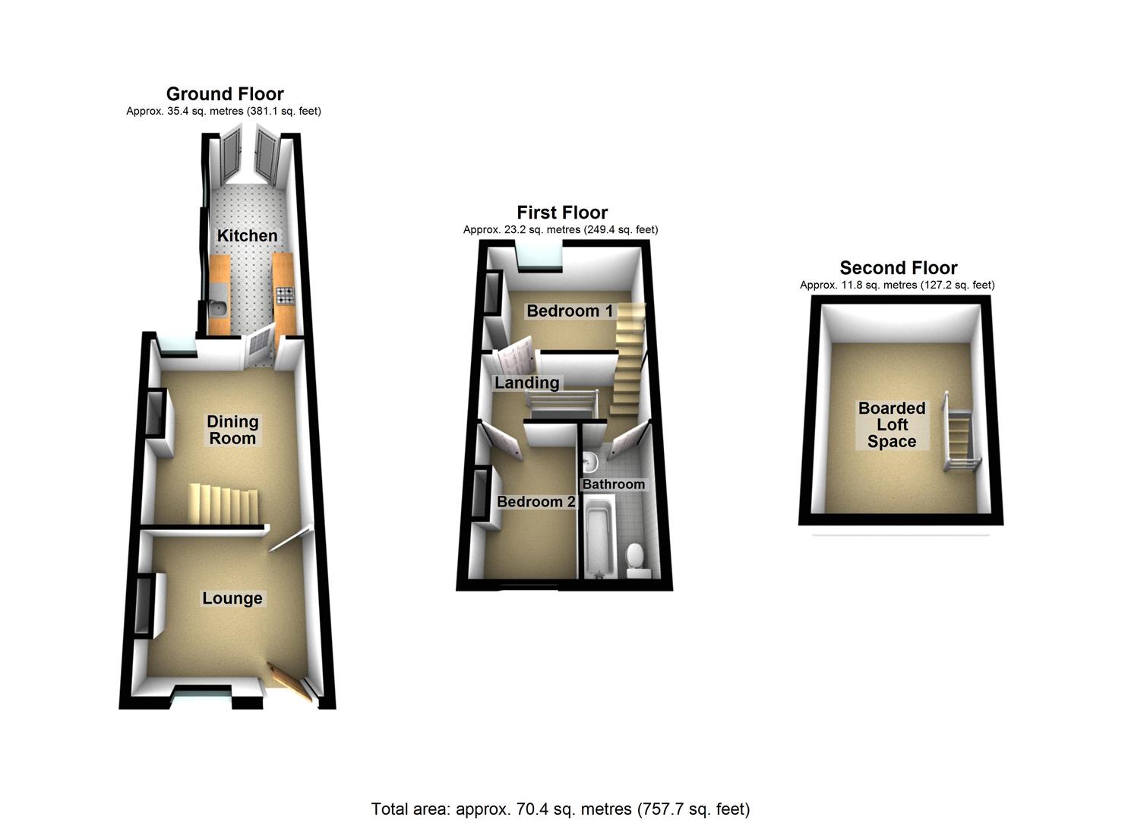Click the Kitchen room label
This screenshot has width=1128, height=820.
click(x=247, y=235)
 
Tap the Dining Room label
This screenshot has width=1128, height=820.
click(x=232, y=430)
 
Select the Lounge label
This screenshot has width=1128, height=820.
click(x=232, y=598)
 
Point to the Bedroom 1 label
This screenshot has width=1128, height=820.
click(x=569, y=311)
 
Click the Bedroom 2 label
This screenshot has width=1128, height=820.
click(x=536, y=502)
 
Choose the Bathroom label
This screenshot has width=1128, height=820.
click(x=613, y=484)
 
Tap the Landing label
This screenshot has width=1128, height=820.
click(x=526, y=383)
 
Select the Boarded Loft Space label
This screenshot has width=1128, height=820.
click(x=892, y=424)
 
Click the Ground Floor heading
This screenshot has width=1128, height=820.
click(x=225, y=93)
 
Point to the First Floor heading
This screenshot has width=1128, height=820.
click(x=562, y=213)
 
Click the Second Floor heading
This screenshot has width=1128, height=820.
click(x=898, y=267)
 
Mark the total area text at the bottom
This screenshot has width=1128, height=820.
click(x=560, y=809)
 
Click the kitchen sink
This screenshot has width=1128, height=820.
click(x=218, y=307)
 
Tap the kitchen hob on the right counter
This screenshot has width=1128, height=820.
click(x=286, y=295)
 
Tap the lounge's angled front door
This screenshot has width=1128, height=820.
click(x=290, y=682)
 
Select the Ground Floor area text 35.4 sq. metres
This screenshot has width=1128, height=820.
click(x=223, y=111)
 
